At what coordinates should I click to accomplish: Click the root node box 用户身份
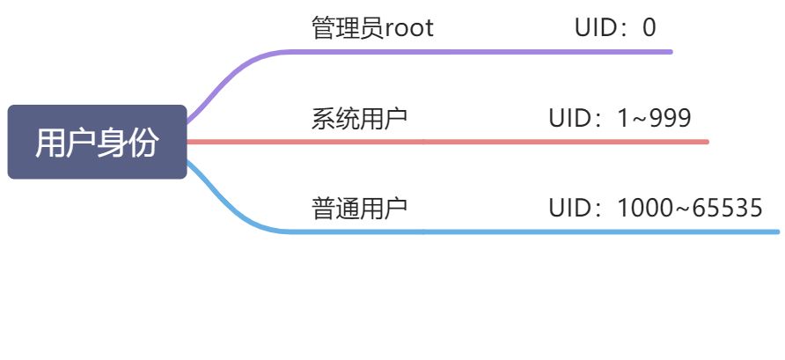pyautogui.click(x=97, y=142)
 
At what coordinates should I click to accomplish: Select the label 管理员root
pyautogui.click(x=372, y=28)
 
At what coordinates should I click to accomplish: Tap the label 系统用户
pyautogui.click(x=359, y=118)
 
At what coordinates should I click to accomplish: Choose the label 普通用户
pyautogui.click(x=359, y=209)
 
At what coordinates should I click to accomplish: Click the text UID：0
pyautogui.click(x=615, y=28)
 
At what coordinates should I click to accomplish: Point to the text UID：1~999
pyautogui.click(x=620, y=118)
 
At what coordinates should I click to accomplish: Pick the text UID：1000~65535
pyautogui.click(x=655, y=209)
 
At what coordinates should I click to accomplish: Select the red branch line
pyautogui.click(x=484, y=142)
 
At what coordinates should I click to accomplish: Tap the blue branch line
pyautogui.click(x=484, y=232)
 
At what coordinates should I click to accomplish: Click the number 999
pyautogui.click(x=671, y=118)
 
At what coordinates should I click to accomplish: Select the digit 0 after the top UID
pyautogui.click(x=649, y=28)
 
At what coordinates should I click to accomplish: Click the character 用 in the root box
pyautogui.click(x=50, y=143)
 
